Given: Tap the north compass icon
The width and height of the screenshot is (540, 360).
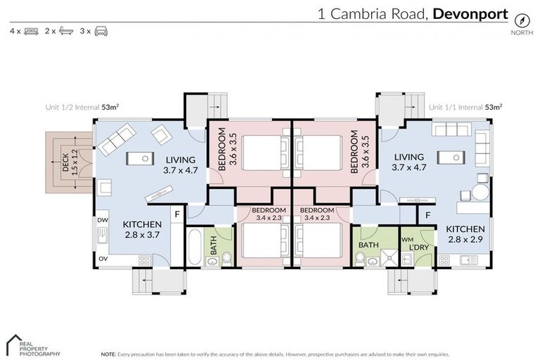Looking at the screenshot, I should pyautogui.click(x=522, y=20).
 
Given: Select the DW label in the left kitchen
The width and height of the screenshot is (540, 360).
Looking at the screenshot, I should pyautogui.click(x=102, y=220).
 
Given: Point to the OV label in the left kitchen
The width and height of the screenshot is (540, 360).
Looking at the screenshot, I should pyautogui.click(x=102, y=258).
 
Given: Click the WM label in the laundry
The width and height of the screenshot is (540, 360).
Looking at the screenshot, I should pyautogui.click(x=406, y=240).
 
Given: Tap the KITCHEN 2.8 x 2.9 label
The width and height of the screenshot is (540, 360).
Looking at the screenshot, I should pyautogui.click(x=465, y=234).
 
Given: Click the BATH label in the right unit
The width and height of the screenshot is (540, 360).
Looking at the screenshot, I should pyautogui.click(x=368, y=245).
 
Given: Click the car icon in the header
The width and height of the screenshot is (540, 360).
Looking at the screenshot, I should pyautogui.click(x=101, y=32).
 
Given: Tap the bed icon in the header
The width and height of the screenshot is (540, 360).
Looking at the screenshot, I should pyautogui.click(x=31, y=32).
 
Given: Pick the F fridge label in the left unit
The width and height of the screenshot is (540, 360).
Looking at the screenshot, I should pyautogui.click(x=178, y=213).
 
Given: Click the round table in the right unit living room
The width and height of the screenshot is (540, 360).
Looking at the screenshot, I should pyautogui.click(x=479, y=193).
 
